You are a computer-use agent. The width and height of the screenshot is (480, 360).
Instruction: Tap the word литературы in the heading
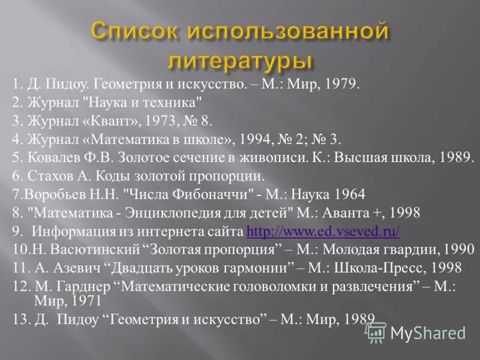[x=239, y=61]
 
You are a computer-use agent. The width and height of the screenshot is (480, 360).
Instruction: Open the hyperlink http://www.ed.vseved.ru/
[x=323, y=231]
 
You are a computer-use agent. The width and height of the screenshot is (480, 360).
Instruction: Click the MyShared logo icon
[x=376, y=332]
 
